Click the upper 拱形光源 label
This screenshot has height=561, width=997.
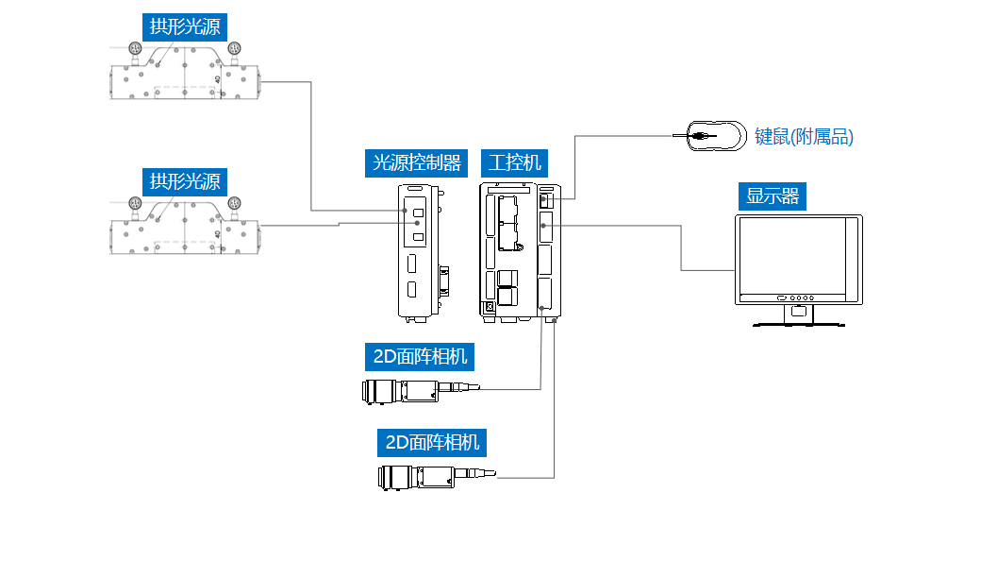(185, 26)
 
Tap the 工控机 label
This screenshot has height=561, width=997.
(515, 162)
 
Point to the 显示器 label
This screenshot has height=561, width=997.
(773, 195)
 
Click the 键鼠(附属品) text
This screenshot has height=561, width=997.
(804, 137)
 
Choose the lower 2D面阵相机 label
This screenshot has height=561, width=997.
(433, 441)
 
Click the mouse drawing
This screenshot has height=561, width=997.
(713, 136)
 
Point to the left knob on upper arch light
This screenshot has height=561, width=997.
(135, 48)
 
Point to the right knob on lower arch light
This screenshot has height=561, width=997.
(234, 203)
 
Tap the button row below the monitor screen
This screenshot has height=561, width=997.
(798, 298)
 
